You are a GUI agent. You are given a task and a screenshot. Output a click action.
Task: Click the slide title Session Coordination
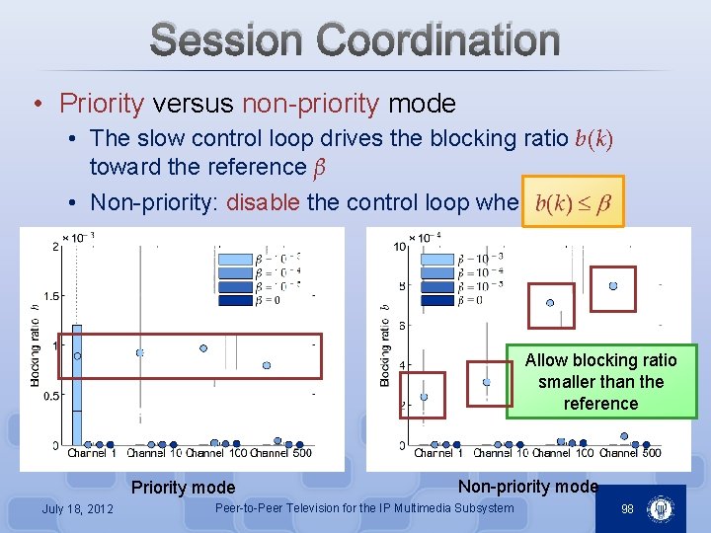[355, 40]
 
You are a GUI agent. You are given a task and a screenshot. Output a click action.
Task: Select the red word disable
[264, 202]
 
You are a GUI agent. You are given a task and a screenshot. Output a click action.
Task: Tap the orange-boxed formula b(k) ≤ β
[573, 202]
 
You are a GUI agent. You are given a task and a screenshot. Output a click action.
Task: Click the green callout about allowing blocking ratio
[600, 382]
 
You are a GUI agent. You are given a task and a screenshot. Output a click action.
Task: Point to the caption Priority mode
[183, 488]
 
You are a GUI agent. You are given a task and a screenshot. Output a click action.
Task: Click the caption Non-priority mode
[527, 486]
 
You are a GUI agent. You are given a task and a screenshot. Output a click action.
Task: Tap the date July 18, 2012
[77, 508]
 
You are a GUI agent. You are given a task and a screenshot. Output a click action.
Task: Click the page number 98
[626, 508]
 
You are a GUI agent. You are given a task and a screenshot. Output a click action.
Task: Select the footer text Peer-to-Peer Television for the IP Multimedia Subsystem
[364, 508]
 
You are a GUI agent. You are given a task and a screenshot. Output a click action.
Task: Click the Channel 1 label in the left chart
[92, 454]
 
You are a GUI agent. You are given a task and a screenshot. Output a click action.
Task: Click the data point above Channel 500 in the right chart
[613, 286]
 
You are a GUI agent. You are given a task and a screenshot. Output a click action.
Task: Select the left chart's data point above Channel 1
[77, 355]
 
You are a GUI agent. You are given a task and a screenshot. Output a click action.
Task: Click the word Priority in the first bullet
[102, 103]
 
